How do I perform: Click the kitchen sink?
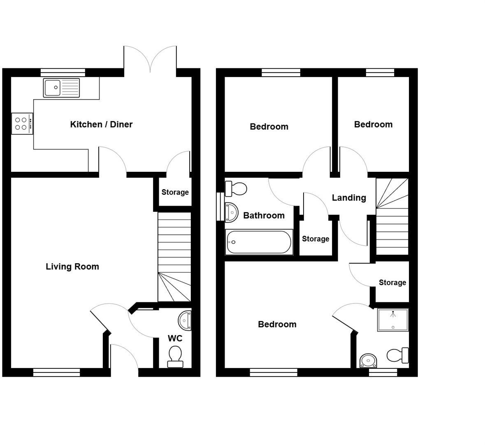pos(61,88)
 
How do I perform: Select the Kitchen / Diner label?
pos(101,124)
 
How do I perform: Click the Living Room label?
pos(72,267)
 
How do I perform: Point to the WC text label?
pos(175,338)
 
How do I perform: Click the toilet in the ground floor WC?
pos(175,356)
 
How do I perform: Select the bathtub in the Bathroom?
pos(259,242)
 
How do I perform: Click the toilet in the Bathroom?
pos(236,189)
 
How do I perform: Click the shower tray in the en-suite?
pos(393,320)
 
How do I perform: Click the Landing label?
pos(349,198)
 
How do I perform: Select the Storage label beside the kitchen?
pos(175,192)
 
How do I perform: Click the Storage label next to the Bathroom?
pos(316,239)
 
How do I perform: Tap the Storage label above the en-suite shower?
pos(392,283)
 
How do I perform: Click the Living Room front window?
pos(57,372)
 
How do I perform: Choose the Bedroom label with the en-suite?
pos(277,324)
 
